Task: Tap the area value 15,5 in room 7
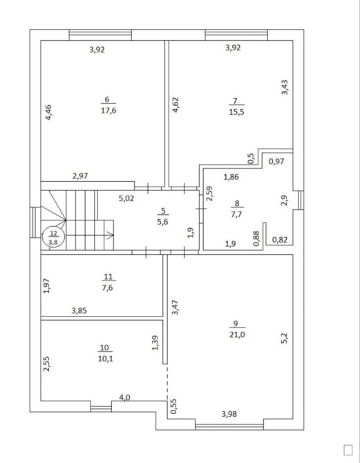tap(236, 112)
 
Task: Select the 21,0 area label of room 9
tap(237, 334)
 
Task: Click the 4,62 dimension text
tap(176, 105)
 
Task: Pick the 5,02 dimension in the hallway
tap(126, 198)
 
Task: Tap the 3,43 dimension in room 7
tap(285, 87)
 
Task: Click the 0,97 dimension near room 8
tap(276, 161)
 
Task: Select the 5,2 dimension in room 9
tap(285, 338)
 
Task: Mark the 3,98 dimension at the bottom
tap(229, 414)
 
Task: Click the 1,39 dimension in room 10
tap(155, 343)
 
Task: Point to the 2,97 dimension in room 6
tap(80, 176)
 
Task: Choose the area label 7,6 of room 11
tap(108, 287)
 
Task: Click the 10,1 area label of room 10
tap(106, 359)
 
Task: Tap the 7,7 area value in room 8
tap(236, 214)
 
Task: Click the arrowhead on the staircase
tap(111, 236)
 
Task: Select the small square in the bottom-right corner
tap(348, 450)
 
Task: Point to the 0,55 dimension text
tap(173, 406)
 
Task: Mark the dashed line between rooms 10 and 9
tap(167, 382)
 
